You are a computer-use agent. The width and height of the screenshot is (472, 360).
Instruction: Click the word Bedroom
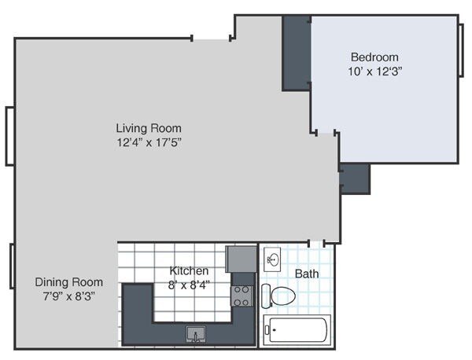point(374,57)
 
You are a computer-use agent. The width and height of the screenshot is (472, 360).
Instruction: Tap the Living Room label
point(149,128)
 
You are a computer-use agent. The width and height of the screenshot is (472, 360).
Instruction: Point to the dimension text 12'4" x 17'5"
point(149,142)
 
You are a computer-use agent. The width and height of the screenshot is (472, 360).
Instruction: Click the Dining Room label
point(68,282)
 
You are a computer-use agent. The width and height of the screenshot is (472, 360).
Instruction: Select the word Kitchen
point(189,271)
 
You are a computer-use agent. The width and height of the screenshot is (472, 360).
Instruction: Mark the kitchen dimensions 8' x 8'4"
point(189,285)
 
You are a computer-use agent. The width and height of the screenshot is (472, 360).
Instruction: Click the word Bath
point(306,274)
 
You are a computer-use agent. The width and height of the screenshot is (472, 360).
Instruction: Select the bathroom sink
point(272,259)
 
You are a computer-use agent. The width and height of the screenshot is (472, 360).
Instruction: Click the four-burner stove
point(241,296)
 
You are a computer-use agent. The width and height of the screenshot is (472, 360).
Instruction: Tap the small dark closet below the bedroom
point(354,178)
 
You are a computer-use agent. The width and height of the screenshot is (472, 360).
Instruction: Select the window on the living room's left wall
point(9,135)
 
